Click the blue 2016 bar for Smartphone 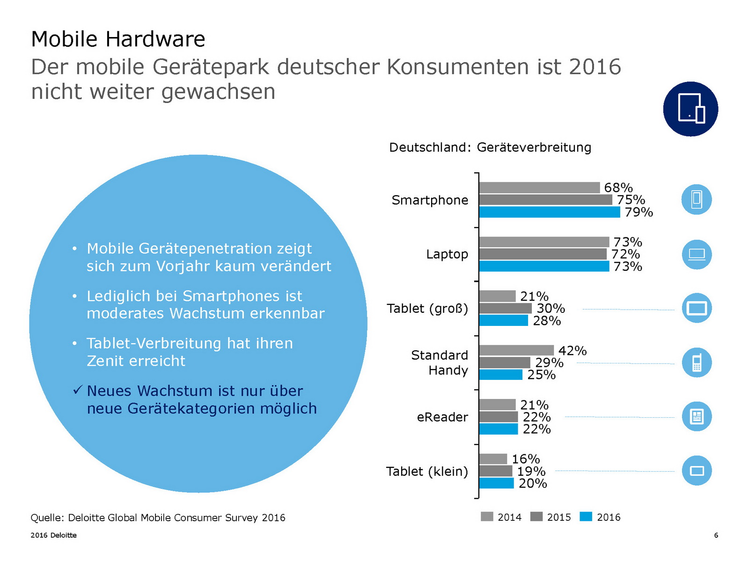click(550, 212)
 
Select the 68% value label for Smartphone click(618, 187)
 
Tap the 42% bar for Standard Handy click(516, 350)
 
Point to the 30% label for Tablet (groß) click(551, 308)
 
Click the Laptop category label click(447, 254)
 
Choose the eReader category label click(442, 417)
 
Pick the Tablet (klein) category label click(426, 471)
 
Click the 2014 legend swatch click(487, 517)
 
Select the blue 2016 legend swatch click(586, 517)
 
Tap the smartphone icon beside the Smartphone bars click(697, 200)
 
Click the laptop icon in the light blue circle click(697, 254)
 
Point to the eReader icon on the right click(697, 416)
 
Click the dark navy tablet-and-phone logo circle click(690, 109)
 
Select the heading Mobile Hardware click(118, 39)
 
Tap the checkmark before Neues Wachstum click(78, 390)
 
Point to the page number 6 click(716, 535)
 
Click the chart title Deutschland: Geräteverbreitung click(490, 148)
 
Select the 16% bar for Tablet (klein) click(493, 459)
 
